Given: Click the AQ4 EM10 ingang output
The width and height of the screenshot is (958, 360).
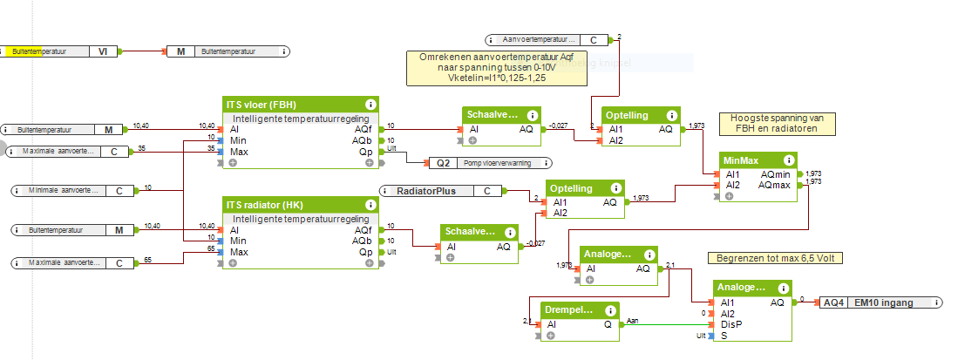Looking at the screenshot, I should pyautogui.click(x=880, y=302).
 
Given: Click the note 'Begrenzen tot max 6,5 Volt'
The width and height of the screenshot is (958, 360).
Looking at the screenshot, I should pyautogui.click(x=776, y=258).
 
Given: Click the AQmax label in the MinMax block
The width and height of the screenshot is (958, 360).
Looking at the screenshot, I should pyautogui.click(x=774, y=185).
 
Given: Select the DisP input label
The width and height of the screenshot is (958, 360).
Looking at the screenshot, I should pyautogui.click(x=730, y=324).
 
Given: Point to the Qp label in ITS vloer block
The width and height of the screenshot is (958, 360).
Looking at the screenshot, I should pyautogui.click(x=365, y=152).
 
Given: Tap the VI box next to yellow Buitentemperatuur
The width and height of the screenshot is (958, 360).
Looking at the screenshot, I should pyautogui.click(x=102, y=51).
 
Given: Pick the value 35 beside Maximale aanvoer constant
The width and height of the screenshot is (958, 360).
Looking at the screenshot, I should pyautogui.click(x=141, y=148).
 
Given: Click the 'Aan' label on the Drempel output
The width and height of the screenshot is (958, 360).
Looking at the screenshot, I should pyautogui.click(x=633, y=320).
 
